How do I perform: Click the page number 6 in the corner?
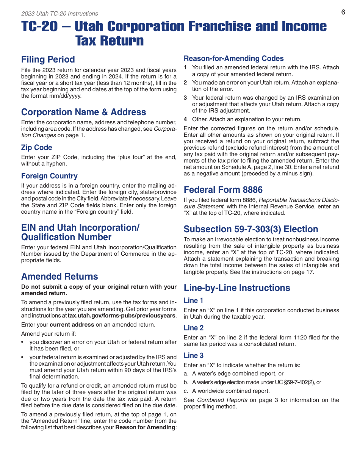pyautogui.click(x=343, y=12)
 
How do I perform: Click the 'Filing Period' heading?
pyautogui.click(x=48, y=59)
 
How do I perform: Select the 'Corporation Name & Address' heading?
pyautogui.click(x=83, y=112)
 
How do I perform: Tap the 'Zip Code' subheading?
pyautogui.click(x=36, y=148)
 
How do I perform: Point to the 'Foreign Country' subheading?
pyautogui.click(x=49, y=176)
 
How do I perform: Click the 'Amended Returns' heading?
pyautogui.click(x=59, y=277)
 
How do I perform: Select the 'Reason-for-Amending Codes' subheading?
pyautogui.click(x=233, y=59)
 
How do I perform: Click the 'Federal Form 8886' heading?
pyautogui.click(x=223, y=190)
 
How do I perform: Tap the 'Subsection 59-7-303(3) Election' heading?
pyautogui.click(x=251, y=229)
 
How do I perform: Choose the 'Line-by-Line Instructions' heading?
pyautogui.click(x=237, y=288)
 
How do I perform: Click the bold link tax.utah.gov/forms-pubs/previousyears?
pyautogui.click(x=121, y=316)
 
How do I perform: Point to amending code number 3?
pyautogui.click(x=185, y=98)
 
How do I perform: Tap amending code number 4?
pyautogui.click(x=185, y=119)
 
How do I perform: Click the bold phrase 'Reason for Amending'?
pyautogui.click(x=145, y=428)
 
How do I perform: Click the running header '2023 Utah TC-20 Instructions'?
pyautogui.click(x=59, y=14)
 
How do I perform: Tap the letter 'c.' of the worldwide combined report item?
pyautogui.click(x=186, y=391)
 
